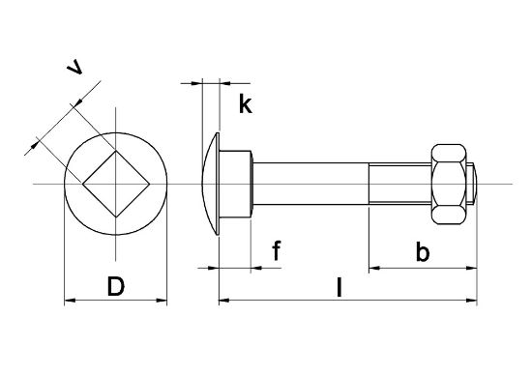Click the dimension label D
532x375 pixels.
point(116,286)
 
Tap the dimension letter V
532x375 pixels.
point(75,67)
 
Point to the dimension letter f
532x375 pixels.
point(277,250)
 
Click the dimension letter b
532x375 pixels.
point(423,251)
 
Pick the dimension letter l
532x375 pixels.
point(339,287)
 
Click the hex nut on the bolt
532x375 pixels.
point(449,184)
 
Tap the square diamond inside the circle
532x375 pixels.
point(116,184)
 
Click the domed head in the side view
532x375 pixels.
point(211,184)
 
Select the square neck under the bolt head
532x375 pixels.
point(235,184)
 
